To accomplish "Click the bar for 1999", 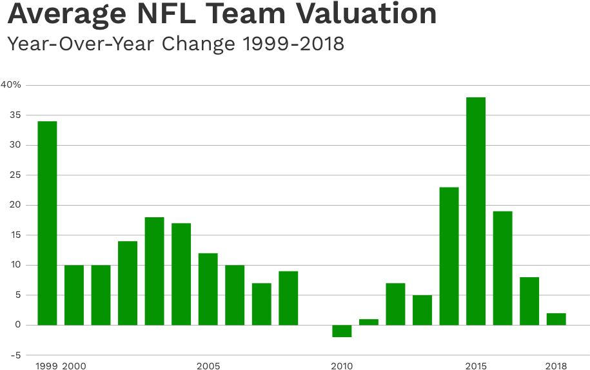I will point(47,223).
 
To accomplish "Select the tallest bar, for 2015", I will point(476,211).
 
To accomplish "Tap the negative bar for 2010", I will point(342,331).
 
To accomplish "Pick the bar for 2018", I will point(556,319).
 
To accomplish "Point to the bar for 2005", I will point(208,289).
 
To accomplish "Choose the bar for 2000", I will point(74,295).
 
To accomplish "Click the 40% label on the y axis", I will point(11,85).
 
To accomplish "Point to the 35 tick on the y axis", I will point(14,115).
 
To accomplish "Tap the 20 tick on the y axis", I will point(14,206).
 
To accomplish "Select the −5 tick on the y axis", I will point(14,355).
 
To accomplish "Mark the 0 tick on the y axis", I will point(17,326).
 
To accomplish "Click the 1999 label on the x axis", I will point(47,365).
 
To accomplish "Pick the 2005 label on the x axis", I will point(208,365).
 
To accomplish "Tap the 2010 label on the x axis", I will point(342,365).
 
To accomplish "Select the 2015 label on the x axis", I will point(476,365).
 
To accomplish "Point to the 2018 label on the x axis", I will point(556,365).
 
